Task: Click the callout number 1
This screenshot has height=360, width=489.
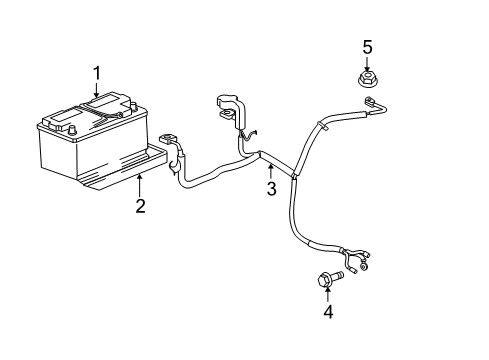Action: tap(97, 72)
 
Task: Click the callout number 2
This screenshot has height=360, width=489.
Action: tap(140, 206)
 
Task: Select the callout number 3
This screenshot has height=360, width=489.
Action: tap(270, 190)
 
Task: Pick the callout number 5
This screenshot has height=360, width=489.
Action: tap(367, 46)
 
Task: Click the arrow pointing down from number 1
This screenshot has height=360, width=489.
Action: tap(97, 90)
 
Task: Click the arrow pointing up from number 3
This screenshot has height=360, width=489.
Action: tap(270, 170)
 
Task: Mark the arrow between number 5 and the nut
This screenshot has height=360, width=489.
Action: tap(367, 62)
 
